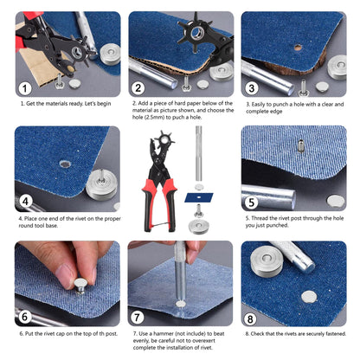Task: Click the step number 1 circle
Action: coord(27,87)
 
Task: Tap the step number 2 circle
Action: coord(139,87)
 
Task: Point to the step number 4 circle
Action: coord(26,202)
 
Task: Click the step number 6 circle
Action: coord(26,316)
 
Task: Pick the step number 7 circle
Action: coord(139,316)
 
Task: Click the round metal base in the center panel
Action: coord(198,227)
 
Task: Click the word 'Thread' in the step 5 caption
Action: coord(262,224)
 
